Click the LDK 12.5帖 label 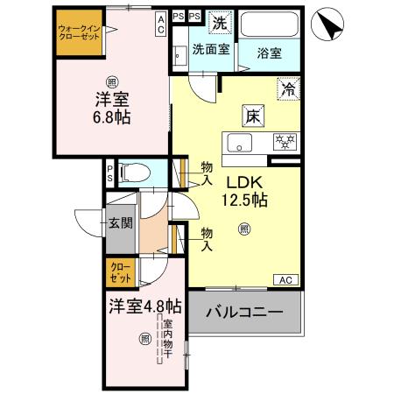tap(247, 191)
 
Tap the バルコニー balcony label tap(244, 313)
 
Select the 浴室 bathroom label tap(270, 53)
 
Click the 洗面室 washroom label tap(211, 50)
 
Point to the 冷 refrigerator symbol tap(287, 88)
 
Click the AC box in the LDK tap(285, 280)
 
